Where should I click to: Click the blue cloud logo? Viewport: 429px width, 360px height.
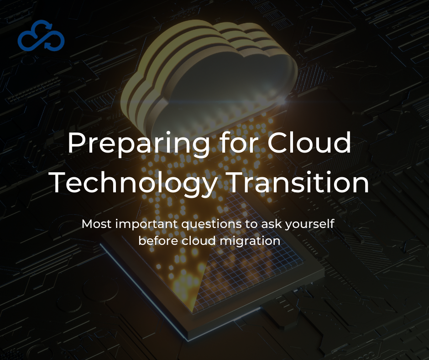click(41, 36)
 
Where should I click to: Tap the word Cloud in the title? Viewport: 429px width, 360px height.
click(309, 143)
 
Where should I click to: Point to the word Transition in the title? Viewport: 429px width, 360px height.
click(299, 182)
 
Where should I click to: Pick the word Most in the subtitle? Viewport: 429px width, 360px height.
click(97, 224)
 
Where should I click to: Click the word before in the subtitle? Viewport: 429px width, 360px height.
click(158, 241)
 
